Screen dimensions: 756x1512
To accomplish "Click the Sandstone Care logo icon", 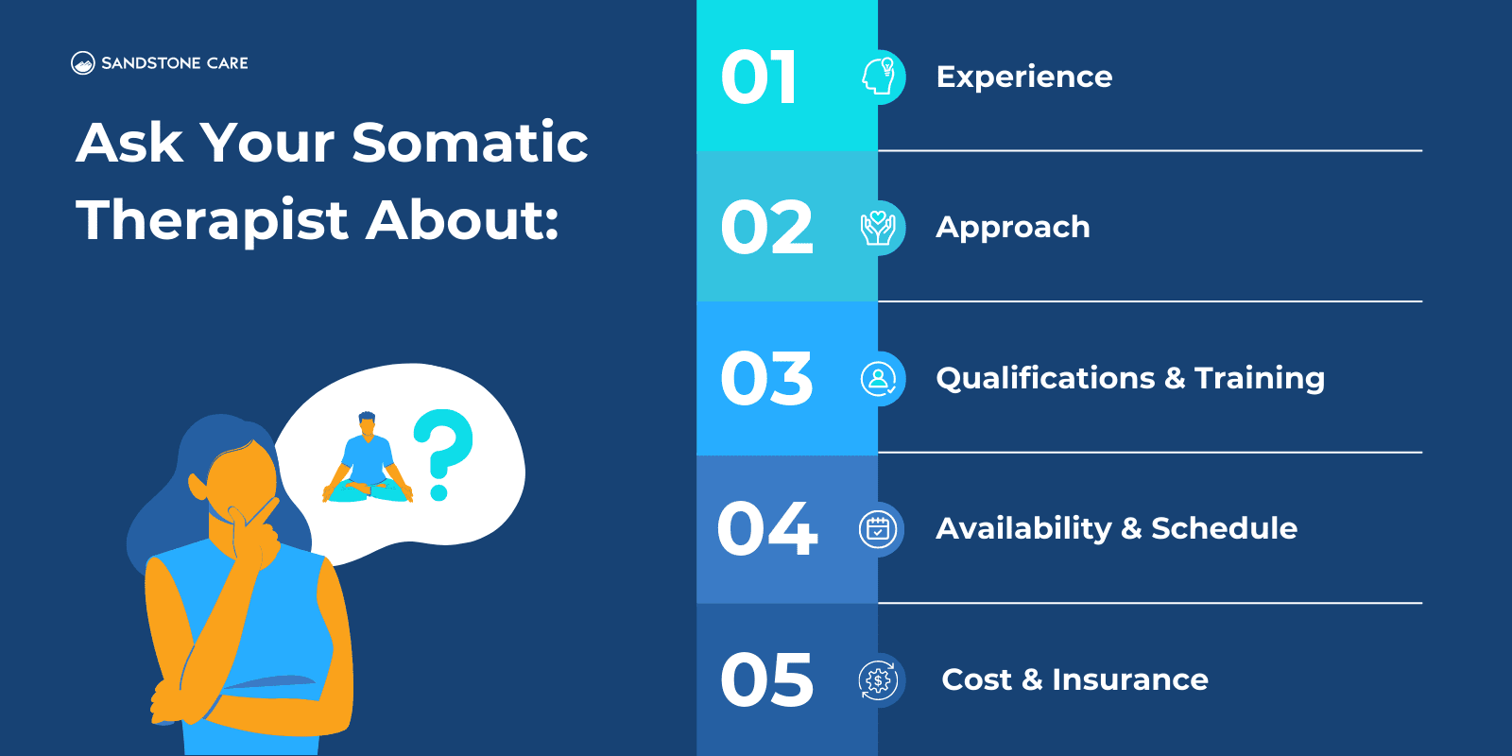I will point(82,63).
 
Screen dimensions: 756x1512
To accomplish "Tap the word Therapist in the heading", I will point(213,220).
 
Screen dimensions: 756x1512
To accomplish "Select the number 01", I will point(759,77).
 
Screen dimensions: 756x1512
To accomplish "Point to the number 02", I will point(766,228).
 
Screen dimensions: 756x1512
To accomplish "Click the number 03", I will point(766,379).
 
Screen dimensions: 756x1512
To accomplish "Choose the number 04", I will point(766,529).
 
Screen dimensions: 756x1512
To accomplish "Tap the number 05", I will point(766,680).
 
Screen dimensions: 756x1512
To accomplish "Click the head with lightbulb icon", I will point(879,77).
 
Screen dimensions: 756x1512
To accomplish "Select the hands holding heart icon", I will point(879,228).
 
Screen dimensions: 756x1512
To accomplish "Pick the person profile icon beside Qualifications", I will point(879,379).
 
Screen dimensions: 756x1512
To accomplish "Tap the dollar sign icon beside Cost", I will point(879,680).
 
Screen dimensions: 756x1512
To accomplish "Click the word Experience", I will point(1023,77).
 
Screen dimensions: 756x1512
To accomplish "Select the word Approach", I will point(1012,228).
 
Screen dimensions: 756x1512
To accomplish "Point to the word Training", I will point(1259,378).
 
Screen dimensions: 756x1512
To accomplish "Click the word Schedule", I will point(1224,528).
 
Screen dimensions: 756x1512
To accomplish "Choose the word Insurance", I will point(1129,679).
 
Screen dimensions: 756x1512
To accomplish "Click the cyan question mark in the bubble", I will point(442,452).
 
